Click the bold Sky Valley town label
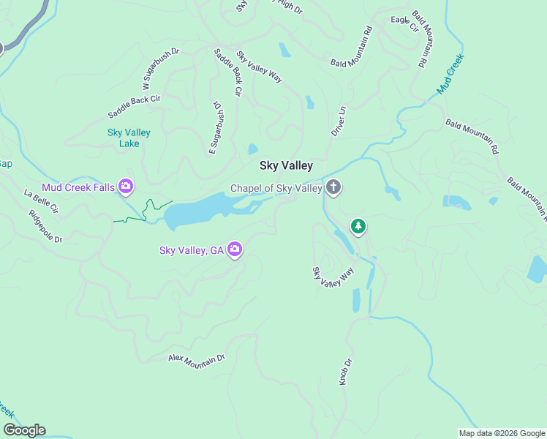(286, 166)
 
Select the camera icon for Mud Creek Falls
(126, 187)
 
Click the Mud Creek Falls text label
(78, 187)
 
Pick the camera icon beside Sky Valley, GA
(235, 250)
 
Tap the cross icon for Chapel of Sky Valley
(333, 188)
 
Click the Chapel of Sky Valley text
(276, 188)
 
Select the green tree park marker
(358, 227)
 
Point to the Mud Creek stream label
(450, 73)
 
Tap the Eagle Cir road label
(404, 24)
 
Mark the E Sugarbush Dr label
(216, 128)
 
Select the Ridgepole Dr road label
(45, 227)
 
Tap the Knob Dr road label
(345, 372)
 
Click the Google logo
(24, 430)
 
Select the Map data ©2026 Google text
(501, 432)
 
